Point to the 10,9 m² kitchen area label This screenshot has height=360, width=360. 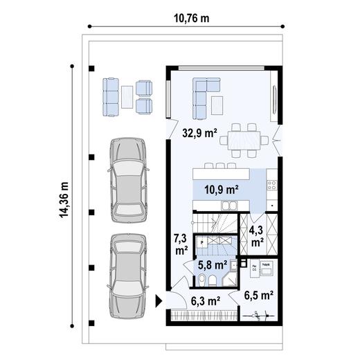click(x=222, y=188)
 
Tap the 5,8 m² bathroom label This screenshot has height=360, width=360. click(x=213, y=264)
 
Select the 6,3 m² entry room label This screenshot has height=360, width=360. click(x=205, y=300)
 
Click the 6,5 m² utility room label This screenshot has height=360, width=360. click(x=259, y=295)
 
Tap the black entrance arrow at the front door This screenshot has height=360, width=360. click(x=159, y=300)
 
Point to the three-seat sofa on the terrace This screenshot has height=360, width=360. click(x=111, y=96)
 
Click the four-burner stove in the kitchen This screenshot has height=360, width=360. click(x=271, y=186)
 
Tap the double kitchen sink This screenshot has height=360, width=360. click(x=230, y=206)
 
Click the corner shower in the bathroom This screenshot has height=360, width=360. click(x=229, y=280)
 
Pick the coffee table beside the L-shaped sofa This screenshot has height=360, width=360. click(x=217, y=105)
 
